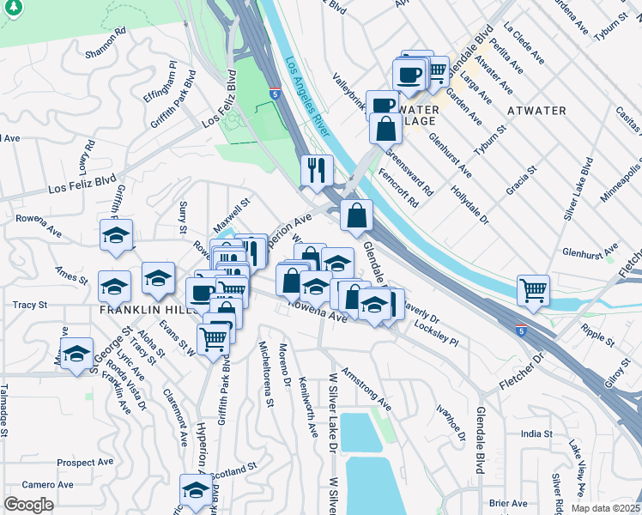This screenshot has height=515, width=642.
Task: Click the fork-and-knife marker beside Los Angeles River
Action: [x=317, y=170]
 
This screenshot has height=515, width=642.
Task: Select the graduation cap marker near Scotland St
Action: [x=196, y=490]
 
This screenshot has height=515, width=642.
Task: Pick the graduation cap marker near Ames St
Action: [x=114, y=285]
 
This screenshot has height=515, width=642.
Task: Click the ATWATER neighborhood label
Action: [x=536, y=111]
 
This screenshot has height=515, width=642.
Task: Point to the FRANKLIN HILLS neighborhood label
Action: [x=141, y=309]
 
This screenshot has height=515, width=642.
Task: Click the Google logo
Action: [x=28, y=505]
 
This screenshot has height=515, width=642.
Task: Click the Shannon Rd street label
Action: [x=106, y=42]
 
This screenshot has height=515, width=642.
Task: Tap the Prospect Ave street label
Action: [x=88, y=463]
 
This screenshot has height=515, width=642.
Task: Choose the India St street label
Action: [x=536, y=434]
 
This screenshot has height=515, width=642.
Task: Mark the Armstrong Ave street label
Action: [x=366, y=389]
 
